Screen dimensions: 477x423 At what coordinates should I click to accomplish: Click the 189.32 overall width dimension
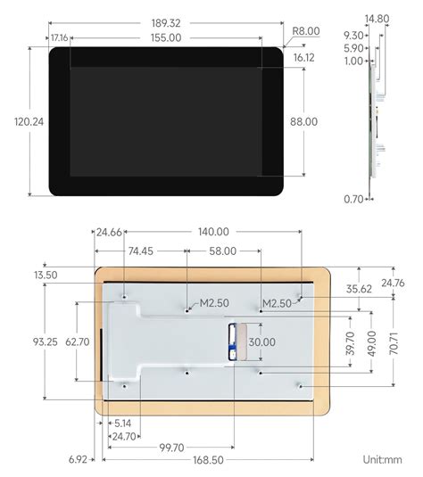166,22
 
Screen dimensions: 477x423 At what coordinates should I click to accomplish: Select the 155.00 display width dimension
166,37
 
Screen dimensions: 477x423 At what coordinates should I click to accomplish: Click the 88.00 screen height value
303,121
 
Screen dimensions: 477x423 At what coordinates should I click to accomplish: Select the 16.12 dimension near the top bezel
303,56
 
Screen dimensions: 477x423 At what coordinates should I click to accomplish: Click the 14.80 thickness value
377,18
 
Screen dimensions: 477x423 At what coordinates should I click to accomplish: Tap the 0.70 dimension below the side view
353,200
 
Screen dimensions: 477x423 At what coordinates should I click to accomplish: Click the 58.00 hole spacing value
223,251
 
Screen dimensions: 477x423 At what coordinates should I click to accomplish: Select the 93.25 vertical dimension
46,341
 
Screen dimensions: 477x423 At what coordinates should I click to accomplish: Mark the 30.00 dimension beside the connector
261,341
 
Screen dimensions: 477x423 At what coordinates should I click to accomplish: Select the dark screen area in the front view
165,121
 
